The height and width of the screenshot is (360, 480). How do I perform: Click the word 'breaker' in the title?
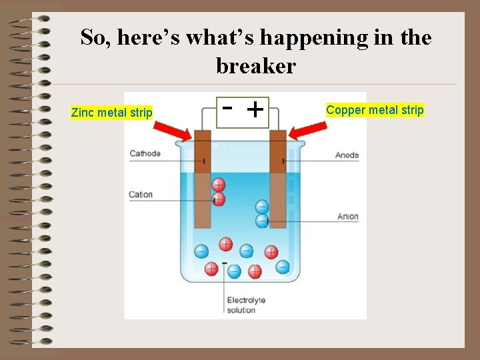(x=256, y=66)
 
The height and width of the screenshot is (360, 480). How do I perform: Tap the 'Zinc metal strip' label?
(x=112, y=113)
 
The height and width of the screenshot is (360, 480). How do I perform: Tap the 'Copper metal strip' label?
(x=375, y=110)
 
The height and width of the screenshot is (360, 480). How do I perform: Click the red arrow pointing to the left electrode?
(x=179, y=133)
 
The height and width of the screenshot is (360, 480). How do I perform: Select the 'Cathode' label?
(x=145, y=153)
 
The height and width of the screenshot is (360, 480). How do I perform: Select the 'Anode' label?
(x=347, y=155)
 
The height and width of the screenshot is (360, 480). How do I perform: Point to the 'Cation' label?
(x=141, y=195)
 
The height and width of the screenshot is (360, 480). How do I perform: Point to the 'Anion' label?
(x=347, y=216)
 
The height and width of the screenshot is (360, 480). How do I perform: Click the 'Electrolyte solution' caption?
(x=246, y=305)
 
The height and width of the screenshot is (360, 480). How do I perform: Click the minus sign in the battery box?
(x=227, y=107)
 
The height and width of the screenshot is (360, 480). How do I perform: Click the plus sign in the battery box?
(x=254, y=108)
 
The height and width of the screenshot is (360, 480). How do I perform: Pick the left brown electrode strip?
(x=203, y=180)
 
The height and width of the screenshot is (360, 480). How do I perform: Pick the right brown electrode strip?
(x=278, y=180)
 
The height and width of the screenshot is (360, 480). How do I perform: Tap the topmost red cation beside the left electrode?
(x=219, y=185)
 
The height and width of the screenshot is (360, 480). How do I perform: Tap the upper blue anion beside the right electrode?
(x=262, y=207)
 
